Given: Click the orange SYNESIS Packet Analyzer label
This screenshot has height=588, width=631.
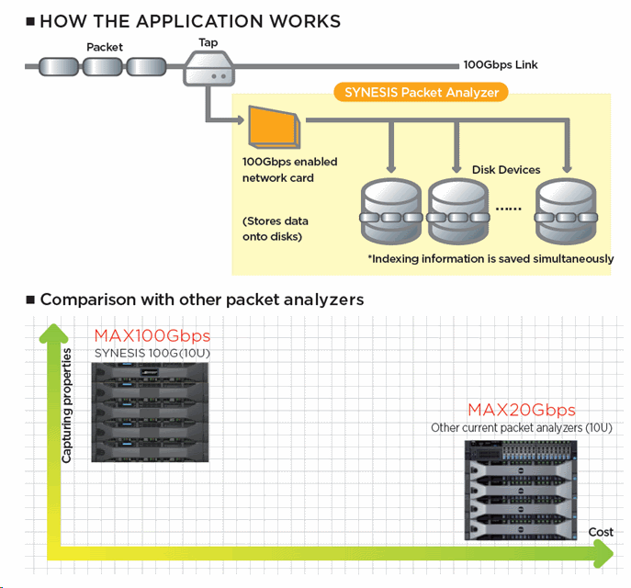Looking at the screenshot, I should [421, 92].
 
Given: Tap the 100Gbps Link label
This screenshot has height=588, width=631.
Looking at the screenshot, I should [501, 65].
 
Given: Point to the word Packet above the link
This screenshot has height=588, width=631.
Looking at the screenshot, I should [105, 47].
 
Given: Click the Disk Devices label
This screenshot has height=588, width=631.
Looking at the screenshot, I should [506, 169].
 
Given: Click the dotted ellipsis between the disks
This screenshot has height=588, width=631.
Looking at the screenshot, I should [508, 209].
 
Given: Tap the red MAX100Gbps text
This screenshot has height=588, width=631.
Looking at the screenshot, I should [152, 335].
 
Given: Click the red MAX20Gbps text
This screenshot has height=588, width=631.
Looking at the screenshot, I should [522, 410].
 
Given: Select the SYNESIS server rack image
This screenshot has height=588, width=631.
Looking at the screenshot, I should [151, 412].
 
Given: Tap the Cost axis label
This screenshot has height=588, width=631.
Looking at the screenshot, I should [601, 533].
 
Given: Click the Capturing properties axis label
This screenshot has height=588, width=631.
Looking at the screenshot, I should [67, 404].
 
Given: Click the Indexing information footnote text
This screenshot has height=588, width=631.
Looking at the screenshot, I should [490, 259].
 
